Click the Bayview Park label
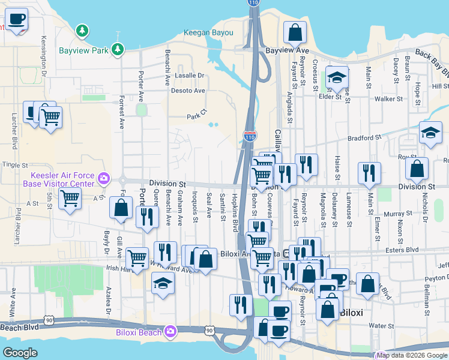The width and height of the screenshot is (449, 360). (83, 50)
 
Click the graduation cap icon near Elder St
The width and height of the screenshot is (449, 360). (337, 77)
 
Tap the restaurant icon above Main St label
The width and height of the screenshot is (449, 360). (369, 172)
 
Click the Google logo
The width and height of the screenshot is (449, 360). (20, 353)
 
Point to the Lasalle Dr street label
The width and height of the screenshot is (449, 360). (189, 76)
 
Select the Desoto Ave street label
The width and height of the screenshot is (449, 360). (189, 91)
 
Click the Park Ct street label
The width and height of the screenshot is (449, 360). (196, 116)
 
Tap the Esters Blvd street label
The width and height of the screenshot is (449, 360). (403, 250)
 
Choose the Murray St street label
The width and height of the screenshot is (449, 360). (394, 214)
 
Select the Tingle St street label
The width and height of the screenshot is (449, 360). (15, 164)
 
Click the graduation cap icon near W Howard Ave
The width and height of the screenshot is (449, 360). (162, 282)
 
